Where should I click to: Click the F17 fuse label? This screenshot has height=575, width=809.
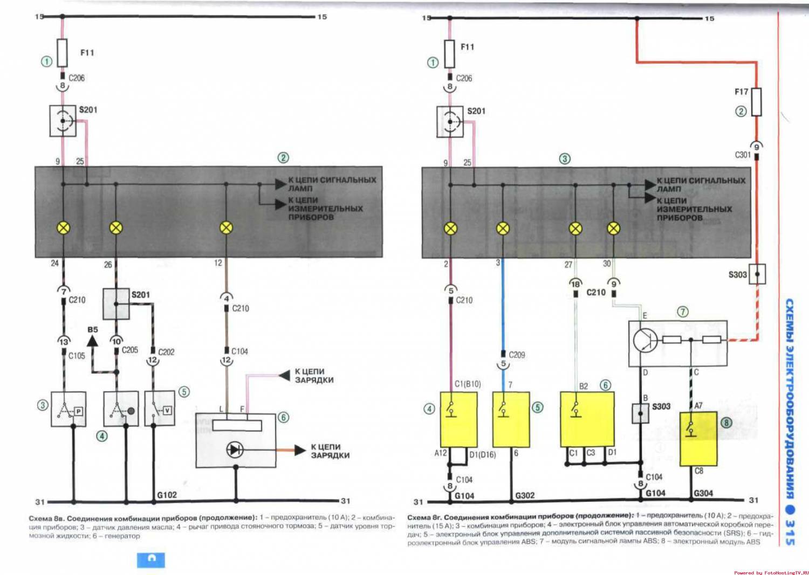[741, 92]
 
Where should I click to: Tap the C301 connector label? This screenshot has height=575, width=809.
[743, 155]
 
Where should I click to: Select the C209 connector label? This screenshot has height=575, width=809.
[517, 355]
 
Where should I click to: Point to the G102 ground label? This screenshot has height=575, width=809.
[167, 495]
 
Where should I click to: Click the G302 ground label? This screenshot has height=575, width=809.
[525, 495]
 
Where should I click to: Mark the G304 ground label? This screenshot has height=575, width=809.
[703, 493]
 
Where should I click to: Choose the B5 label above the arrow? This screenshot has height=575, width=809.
[93, 329]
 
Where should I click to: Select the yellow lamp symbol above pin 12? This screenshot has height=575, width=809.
[227, 228]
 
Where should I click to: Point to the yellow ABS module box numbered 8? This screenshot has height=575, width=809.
[698, 439]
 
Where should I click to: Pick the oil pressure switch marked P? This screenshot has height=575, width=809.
[68, 410]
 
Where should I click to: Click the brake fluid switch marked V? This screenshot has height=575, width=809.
[160, 409]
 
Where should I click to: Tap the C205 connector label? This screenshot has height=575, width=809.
[130, 350]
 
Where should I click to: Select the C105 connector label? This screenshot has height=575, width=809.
[77, 356]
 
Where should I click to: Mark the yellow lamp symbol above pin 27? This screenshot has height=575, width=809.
[576, 228]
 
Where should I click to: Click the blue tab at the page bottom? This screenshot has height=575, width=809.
[151, 559]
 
